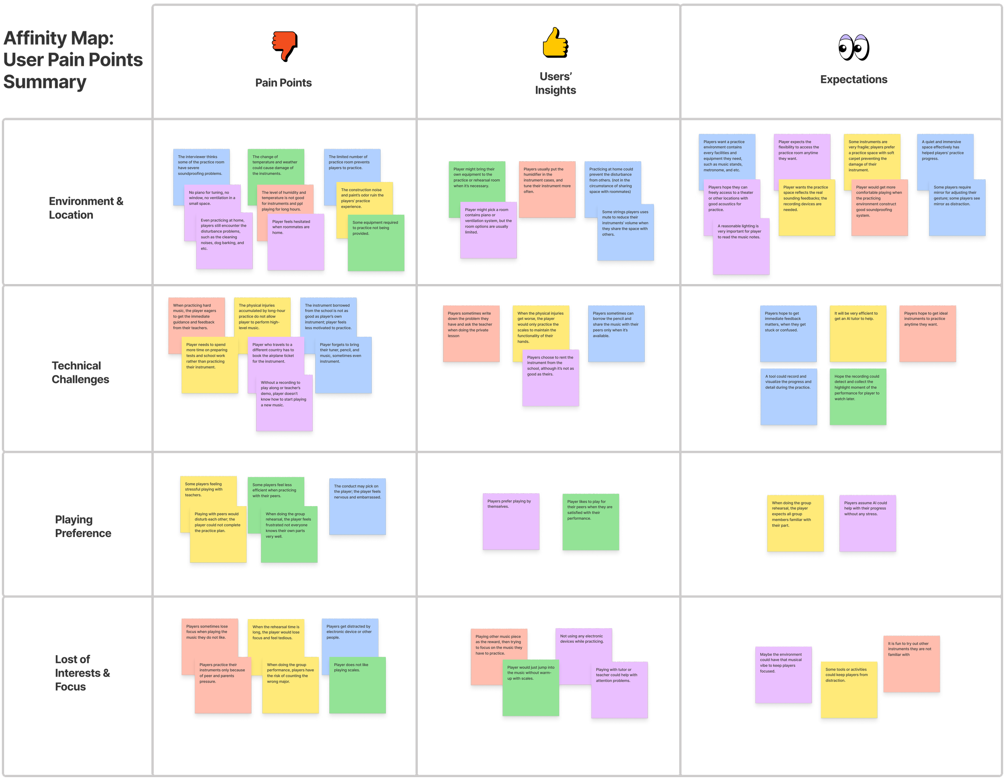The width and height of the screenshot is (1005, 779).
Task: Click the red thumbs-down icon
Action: pos(284,45)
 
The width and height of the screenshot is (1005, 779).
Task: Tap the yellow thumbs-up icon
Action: pos(554,42)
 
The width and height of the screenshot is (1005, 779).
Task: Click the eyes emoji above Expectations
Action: pos(853,47)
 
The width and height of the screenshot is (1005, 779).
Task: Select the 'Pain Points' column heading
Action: pos(283,83)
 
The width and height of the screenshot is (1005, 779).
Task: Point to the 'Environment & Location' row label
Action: pos(86,208)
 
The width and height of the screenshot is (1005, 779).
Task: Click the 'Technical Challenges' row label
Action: pos(80,372)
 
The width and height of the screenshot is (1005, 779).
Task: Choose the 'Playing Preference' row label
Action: pos(83,527)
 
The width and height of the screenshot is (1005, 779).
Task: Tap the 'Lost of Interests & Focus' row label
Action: pos(82,673)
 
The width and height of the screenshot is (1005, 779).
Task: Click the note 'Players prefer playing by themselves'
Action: pos(511,521)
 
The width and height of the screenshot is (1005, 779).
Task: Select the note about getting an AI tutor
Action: pos(858,334)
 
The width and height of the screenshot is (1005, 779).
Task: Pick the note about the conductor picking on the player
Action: pos(357,506)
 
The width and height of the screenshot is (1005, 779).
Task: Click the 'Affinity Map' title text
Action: pos(73,60)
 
